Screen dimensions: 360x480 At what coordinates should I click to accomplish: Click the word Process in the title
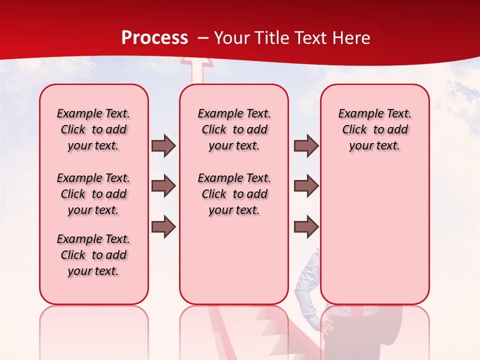click(154, 37)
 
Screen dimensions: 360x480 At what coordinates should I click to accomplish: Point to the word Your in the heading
click(230, 38)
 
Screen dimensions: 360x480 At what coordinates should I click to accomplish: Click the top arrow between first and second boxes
click(163, 145)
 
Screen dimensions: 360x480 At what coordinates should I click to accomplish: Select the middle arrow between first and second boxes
click(163, 186)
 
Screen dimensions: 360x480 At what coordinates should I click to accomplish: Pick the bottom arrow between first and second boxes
click(163, 227)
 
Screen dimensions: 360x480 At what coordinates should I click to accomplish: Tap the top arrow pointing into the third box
click(306, 145)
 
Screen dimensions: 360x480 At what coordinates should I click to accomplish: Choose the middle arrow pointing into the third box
click(306, 186)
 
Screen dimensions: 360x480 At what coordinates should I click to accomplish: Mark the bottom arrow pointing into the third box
click(306, 227)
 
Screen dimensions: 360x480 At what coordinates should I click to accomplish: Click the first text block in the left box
click(93, 129)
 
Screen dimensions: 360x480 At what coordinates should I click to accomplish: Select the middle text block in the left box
click(93, 194)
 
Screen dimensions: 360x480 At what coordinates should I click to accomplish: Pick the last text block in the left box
click(93, 255)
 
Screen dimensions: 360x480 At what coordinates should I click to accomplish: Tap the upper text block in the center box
click(234, 129)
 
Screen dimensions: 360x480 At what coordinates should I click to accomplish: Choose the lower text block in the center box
click(234, 194)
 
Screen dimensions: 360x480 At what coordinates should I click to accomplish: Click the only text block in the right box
click(374, 129)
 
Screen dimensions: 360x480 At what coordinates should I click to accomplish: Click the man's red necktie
click(356, 312)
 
